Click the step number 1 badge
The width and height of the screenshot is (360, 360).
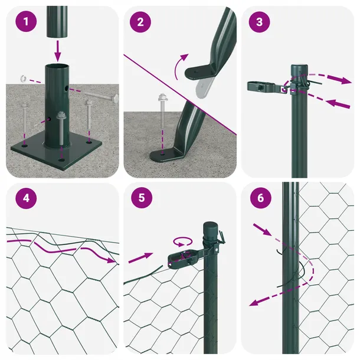pos(26,21)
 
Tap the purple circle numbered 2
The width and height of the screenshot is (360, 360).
pos(140,22)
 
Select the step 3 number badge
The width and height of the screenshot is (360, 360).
pos(259,22)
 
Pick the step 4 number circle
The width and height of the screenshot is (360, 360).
pos(26,198)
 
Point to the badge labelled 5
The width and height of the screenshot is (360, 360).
pos(142,198)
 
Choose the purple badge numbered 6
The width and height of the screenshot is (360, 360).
pos(261,198)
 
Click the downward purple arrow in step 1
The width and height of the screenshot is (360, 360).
pos(58,51)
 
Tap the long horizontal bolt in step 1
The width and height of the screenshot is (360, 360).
pos(101,96)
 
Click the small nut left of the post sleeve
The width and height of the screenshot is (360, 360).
pos(23,78)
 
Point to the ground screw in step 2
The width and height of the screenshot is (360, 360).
pos(162,110)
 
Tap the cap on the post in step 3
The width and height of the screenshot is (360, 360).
pos(299,70)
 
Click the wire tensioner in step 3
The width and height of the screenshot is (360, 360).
pos(264,87)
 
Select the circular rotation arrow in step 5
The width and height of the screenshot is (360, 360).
pos(183,241)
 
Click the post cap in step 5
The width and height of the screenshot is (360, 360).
pos(210,228)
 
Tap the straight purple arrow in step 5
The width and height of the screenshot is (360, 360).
pos(140,258)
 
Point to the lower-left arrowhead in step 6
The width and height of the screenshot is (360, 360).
pos(254,303)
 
